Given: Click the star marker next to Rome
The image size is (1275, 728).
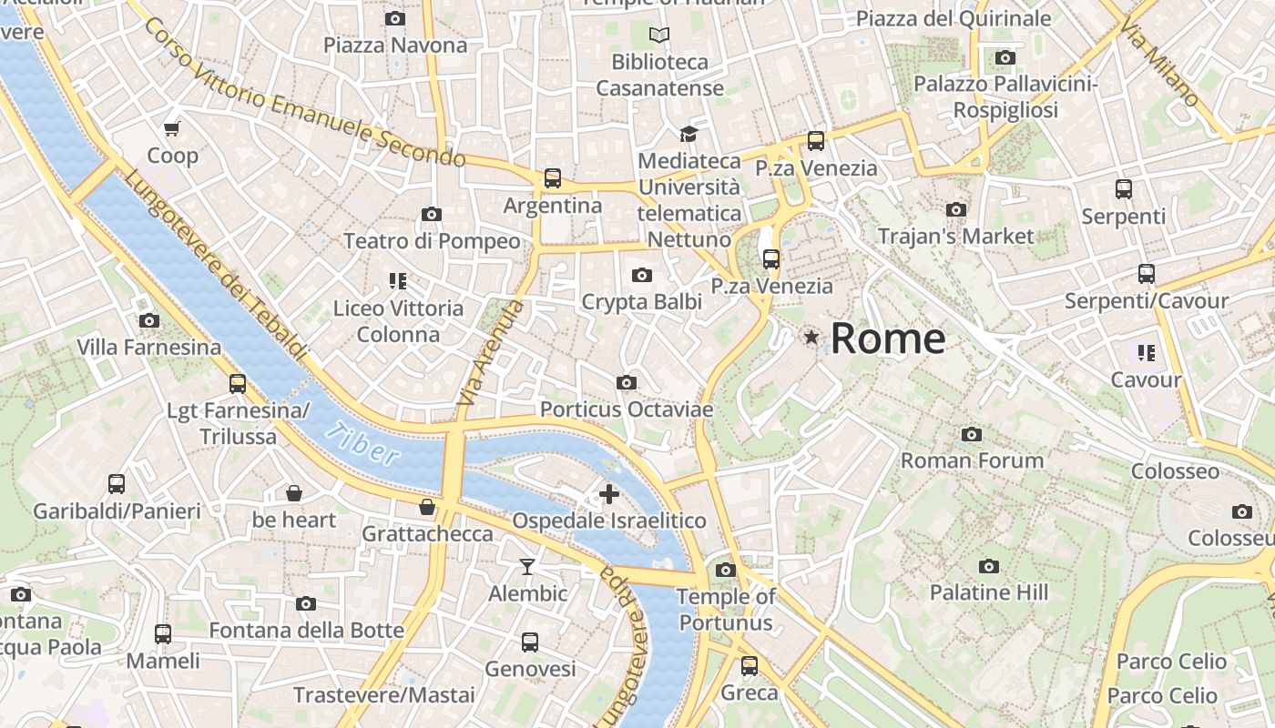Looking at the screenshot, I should tap(811, 338).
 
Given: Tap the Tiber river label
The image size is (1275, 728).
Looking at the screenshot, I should tap(362, 444).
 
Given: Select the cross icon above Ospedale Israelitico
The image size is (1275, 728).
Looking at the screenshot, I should tap(609, 494).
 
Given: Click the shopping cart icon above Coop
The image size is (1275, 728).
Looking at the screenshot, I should tap(172, 128).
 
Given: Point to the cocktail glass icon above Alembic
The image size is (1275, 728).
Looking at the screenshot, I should tap(527, 567).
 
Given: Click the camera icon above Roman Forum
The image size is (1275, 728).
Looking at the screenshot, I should tap(972, 434).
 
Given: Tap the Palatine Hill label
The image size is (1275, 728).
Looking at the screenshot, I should tap(989, 592).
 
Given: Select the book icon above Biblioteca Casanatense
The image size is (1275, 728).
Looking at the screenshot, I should tap(659, 35).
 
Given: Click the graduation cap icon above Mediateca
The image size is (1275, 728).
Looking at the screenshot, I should tap(688, 135).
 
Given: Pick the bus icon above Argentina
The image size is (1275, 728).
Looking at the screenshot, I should tap(553, 178).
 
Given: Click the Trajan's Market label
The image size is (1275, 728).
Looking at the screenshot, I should tap(955, 237).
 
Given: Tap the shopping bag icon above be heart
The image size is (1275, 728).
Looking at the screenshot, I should tap(294, 493).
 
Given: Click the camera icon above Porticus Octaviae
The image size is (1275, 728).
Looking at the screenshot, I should tap(627, 383).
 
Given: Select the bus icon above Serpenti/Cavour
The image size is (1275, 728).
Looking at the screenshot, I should tap(1146, 274).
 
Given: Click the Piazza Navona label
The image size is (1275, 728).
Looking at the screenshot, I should tap(395, 45).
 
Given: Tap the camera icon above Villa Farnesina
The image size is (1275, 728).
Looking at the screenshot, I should tap(149, 320).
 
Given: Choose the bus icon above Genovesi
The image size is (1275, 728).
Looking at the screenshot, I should tap(530, 642).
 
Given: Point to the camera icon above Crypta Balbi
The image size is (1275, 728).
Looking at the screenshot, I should tap(642, 275).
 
